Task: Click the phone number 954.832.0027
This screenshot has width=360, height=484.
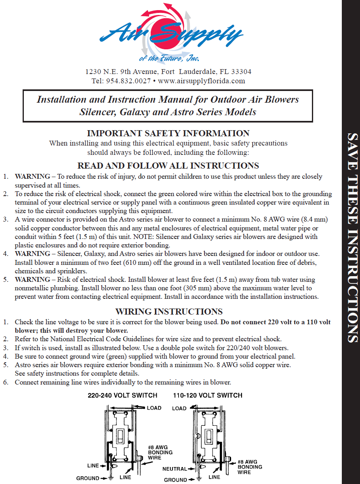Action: tap(128, 81)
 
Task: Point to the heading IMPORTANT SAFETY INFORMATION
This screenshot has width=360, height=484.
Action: tap(168, 133)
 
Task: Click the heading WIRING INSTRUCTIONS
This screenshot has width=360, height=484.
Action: tap(169, 312)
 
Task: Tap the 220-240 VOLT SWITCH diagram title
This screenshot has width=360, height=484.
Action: tap(122, 395)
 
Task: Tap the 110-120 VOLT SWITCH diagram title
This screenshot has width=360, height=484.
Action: tap(208, 395)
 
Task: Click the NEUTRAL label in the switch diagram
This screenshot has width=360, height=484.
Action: tap(175, 469)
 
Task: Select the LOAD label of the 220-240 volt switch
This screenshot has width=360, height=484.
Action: tap(154, 408)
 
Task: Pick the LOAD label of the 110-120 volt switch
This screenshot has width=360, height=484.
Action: tap(179, 408)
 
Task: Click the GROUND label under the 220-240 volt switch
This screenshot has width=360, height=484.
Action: tap(88, 478)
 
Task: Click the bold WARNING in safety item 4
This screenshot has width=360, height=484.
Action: tap(32, 254)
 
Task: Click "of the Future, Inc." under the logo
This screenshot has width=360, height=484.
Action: tap(169, 59)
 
